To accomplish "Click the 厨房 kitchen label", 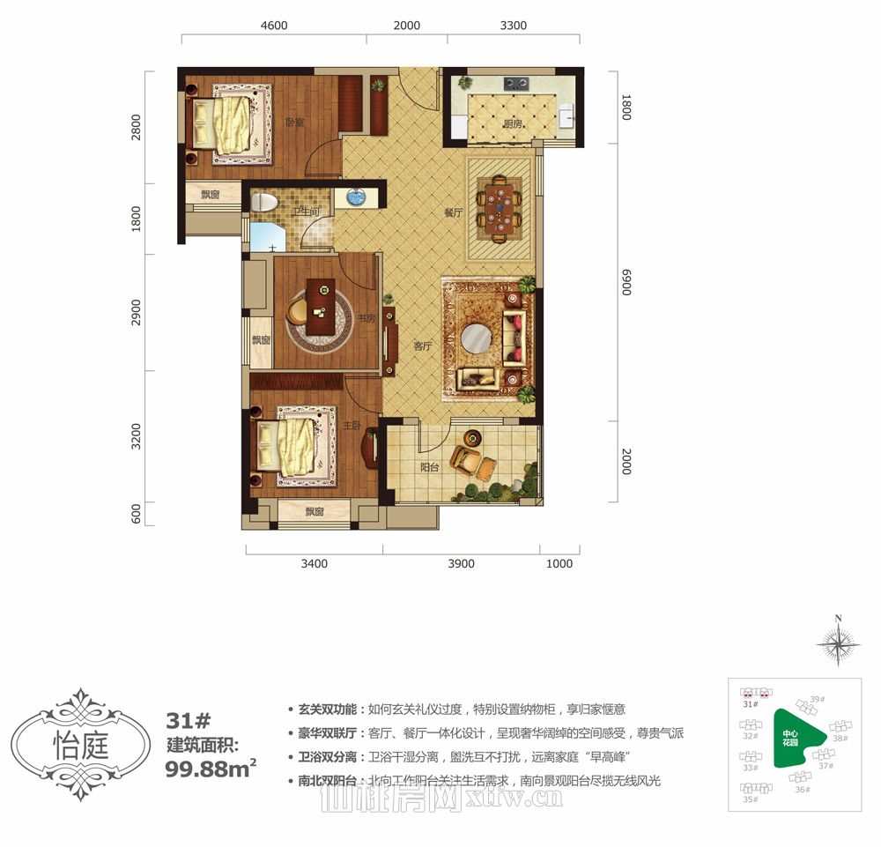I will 514,124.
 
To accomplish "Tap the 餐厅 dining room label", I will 454,212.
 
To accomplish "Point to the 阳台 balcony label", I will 429,468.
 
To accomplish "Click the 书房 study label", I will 367,318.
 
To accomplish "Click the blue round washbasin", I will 356,197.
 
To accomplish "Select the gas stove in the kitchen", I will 515,85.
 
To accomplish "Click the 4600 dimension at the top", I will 274,26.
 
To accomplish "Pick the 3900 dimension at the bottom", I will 461,564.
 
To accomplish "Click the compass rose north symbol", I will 839,643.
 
